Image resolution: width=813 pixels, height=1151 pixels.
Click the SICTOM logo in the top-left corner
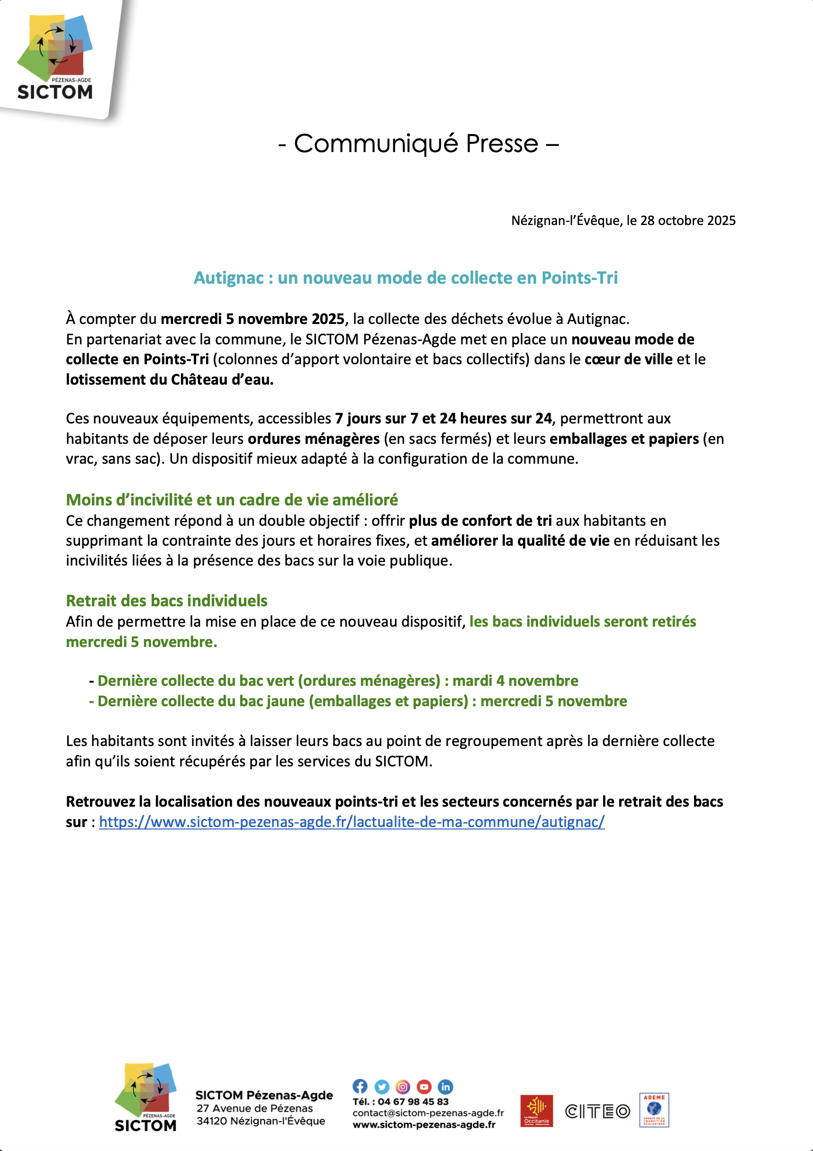(55, 58)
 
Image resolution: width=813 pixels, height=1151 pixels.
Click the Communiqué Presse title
(418, 144)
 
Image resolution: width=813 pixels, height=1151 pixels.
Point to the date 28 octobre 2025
(687, 221)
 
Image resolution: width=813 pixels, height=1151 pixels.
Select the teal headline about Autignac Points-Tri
(405, 278)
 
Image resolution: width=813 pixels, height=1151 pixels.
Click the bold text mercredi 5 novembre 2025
(252, 319)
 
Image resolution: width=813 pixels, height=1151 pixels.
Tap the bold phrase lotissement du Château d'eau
(170, 379)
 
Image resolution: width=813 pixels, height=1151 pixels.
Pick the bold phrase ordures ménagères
(314, 439)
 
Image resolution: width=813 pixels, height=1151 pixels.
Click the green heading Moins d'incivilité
(232, 500)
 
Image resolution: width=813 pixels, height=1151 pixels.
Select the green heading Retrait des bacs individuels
(166, 601)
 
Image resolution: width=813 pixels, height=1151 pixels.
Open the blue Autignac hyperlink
(352, 822)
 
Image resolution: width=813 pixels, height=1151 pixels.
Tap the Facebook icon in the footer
(360, 1086)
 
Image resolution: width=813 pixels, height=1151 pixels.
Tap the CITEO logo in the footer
(597, 1111)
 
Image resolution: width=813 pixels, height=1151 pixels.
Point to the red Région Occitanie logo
(536, 1110)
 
